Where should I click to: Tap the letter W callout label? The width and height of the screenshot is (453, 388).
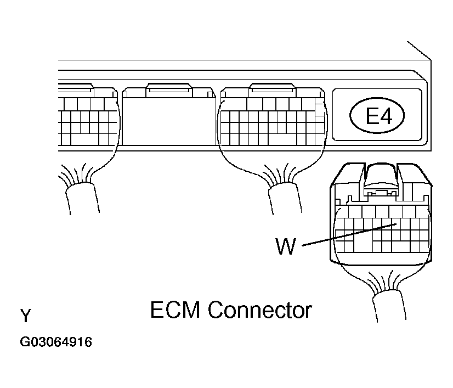286,246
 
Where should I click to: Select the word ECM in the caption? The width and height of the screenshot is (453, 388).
175,310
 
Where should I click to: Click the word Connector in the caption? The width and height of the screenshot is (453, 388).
260,310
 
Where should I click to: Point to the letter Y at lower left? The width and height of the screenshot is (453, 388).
25,316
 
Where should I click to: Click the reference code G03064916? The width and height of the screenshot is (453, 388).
56,342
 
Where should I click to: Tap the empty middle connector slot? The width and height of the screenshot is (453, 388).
169,121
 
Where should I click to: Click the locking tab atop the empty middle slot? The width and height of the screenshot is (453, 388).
169,90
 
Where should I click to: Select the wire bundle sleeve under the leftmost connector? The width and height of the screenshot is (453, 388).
83,198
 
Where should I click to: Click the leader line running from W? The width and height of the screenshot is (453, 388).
349,235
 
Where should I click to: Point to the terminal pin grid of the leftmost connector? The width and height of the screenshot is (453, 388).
88,121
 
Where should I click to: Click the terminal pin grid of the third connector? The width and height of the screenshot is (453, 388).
273,121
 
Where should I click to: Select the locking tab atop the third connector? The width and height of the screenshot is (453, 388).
273,90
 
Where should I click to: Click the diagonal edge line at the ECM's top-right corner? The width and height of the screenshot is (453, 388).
419,51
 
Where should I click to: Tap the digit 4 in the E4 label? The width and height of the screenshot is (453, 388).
386,116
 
